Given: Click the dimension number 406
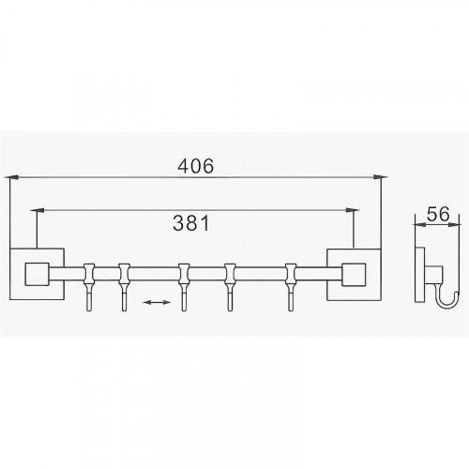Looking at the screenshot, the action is coord(196,166).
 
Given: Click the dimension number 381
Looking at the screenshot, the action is coord(191,223).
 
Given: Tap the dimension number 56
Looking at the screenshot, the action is coord(438,214).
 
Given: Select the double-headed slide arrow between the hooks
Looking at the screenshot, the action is coord(157,302).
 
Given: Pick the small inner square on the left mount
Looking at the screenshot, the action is coord(37,274).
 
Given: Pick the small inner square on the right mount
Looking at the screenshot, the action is coord(354,275).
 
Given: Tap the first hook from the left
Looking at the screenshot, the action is coord(89,287).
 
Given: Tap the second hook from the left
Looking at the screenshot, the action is coord(124,287).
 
